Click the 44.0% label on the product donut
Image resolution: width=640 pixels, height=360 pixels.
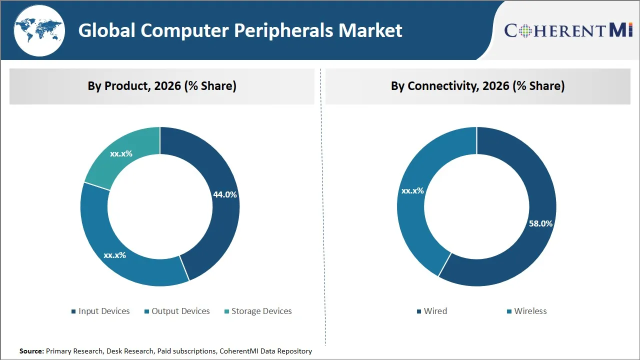click(x=225, y=195)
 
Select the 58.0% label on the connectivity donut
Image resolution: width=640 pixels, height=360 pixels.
click(x=540, y=223)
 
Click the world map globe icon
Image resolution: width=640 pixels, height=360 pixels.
click(x=38, y=31)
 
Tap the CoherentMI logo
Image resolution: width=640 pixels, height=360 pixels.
click(x=568, y=30)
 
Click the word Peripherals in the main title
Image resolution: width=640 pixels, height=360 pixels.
click(x=284, y=31)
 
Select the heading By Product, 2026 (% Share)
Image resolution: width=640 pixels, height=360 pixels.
click(x=162, y=86)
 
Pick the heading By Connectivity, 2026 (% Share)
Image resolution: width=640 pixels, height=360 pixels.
click(x=477, y=86)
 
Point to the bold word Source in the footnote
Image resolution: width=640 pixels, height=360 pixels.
click(x=31, y=351)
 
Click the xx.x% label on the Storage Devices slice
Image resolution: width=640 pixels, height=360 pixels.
click(x=121, y=153)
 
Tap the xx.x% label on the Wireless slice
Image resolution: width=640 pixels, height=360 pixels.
click(x=412, y=190)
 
